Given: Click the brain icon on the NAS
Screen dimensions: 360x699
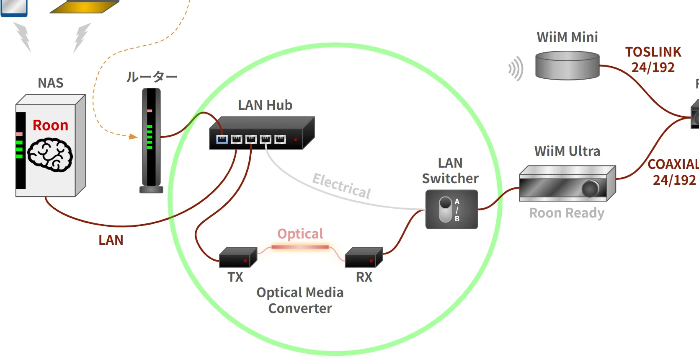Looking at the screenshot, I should (x=50, y=155).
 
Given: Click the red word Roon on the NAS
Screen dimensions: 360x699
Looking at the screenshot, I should (x=50, y=125).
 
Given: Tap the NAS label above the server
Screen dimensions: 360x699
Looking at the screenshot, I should (x=51, y=83).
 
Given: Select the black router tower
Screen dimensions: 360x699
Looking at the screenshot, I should (x=151, y=138).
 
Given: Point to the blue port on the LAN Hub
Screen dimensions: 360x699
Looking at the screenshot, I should (x=222, y=139).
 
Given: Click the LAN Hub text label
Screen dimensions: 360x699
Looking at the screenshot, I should (x=265, y=105).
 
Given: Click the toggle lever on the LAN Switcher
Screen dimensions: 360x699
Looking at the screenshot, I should (x=445, y=209).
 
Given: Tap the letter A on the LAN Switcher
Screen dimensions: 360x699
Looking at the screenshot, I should (x=457, y=202).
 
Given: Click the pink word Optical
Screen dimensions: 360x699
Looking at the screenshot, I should (x=300, y=233).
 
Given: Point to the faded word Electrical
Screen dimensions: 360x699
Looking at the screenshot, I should (x=342, y=186).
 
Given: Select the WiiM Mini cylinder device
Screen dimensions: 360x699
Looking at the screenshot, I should (x=567, y=65).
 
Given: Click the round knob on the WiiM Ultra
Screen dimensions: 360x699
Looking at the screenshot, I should (x=591, y=188).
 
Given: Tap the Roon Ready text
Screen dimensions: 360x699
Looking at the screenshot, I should (x=567, y=213).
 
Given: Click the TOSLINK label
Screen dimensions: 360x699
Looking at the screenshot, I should (x=653, y=52).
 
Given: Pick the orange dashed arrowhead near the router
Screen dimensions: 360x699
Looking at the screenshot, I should (x=133, y=136).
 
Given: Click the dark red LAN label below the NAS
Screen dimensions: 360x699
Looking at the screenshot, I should (x=111, y=240).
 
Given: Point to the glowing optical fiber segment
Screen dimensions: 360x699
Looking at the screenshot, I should (x=300, y=247).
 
